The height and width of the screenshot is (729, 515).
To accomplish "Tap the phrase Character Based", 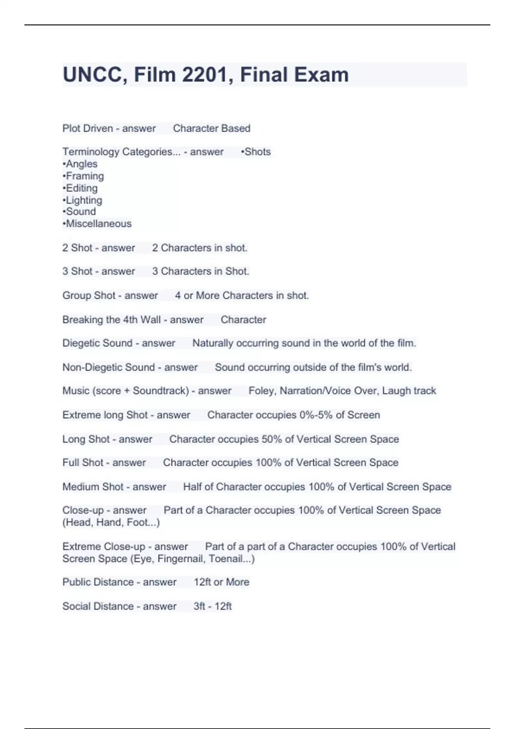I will [212, 128].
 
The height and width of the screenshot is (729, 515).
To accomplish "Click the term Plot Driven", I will [88, 128].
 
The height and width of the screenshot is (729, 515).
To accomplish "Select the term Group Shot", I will [89, 295].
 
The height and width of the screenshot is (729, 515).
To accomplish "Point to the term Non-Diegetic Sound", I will [109, 367].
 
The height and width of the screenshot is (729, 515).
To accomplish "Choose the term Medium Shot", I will [93, 487].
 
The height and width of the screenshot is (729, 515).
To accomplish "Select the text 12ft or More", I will [221, 582].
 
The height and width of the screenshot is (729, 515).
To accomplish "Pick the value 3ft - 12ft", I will [212, 606].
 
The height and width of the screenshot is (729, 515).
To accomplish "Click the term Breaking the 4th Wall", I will [112, 319].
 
